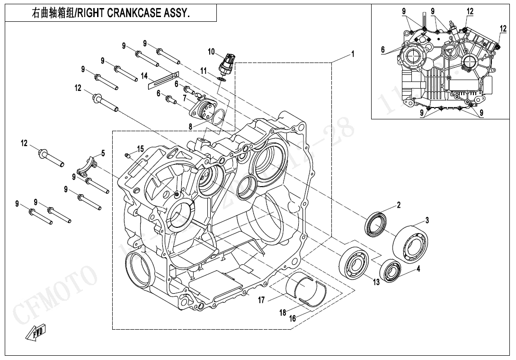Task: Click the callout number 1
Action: [x=352, y=54]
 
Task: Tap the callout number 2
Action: [x=399, y=205]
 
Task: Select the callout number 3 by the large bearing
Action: [x=427, y=220]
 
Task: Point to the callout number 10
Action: [x=211, y=51]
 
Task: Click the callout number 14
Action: [x=144, y=76]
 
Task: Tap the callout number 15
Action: [x=140, y=149]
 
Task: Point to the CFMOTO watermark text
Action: [x=52, y=294]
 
